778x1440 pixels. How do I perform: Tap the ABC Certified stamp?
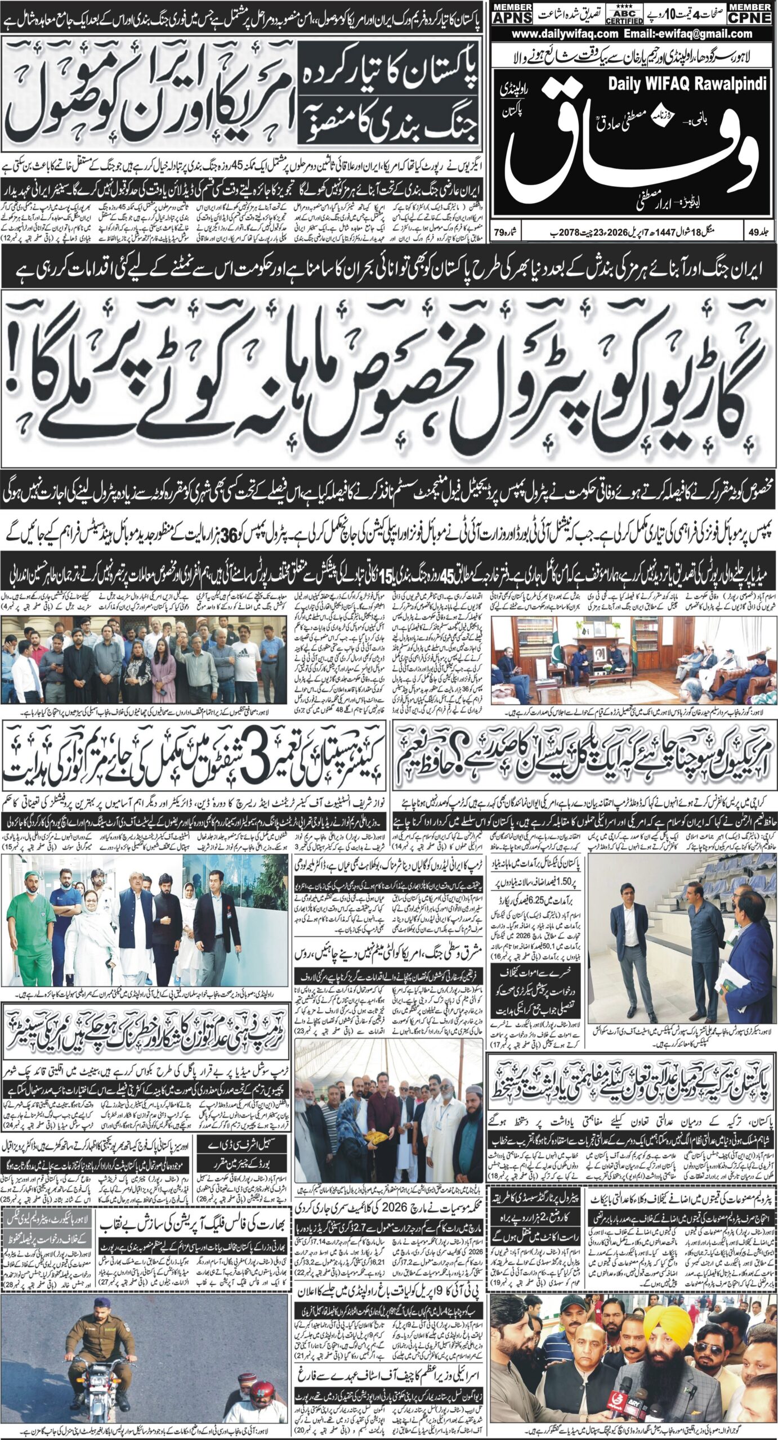click(624, 13)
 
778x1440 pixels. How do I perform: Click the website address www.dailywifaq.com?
click(565, 34)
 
